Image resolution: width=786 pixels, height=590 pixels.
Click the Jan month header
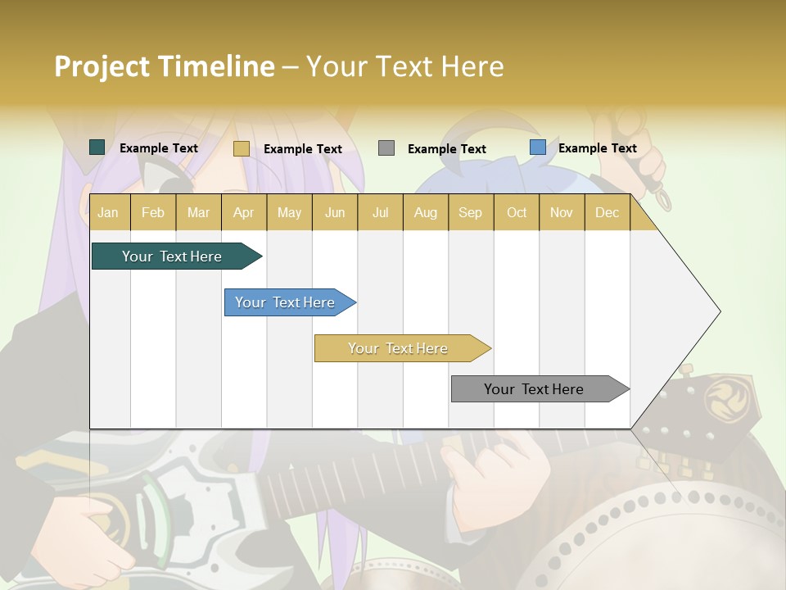tap(108, 212)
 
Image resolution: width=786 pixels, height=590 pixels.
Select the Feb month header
tap(153, 212)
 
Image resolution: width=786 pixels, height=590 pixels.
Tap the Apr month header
tap(244, 212)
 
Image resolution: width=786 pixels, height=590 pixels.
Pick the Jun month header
tap(335, 212)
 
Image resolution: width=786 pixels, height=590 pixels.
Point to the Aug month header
tap(426, 212)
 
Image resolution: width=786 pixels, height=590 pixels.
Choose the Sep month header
tap(470, 212)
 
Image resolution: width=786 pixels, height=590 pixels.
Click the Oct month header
tap(517, 212)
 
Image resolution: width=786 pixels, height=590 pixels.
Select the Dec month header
tap(608, 212)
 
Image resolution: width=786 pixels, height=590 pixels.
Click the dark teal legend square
tap(97, 147)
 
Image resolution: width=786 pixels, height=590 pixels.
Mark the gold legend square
tap(241, 148)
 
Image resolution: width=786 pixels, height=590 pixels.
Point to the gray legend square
tap(386, 148)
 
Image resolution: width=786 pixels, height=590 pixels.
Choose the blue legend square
tap(538, 147)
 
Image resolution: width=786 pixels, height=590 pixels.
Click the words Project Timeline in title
tap(165, 66)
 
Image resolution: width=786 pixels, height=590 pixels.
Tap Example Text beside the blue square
tap(598, 148)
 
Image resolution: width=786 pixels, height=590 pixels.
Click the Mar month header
tap(198, 212)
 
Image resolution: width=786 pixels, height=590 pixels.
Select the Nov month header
tap(562, 212)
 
